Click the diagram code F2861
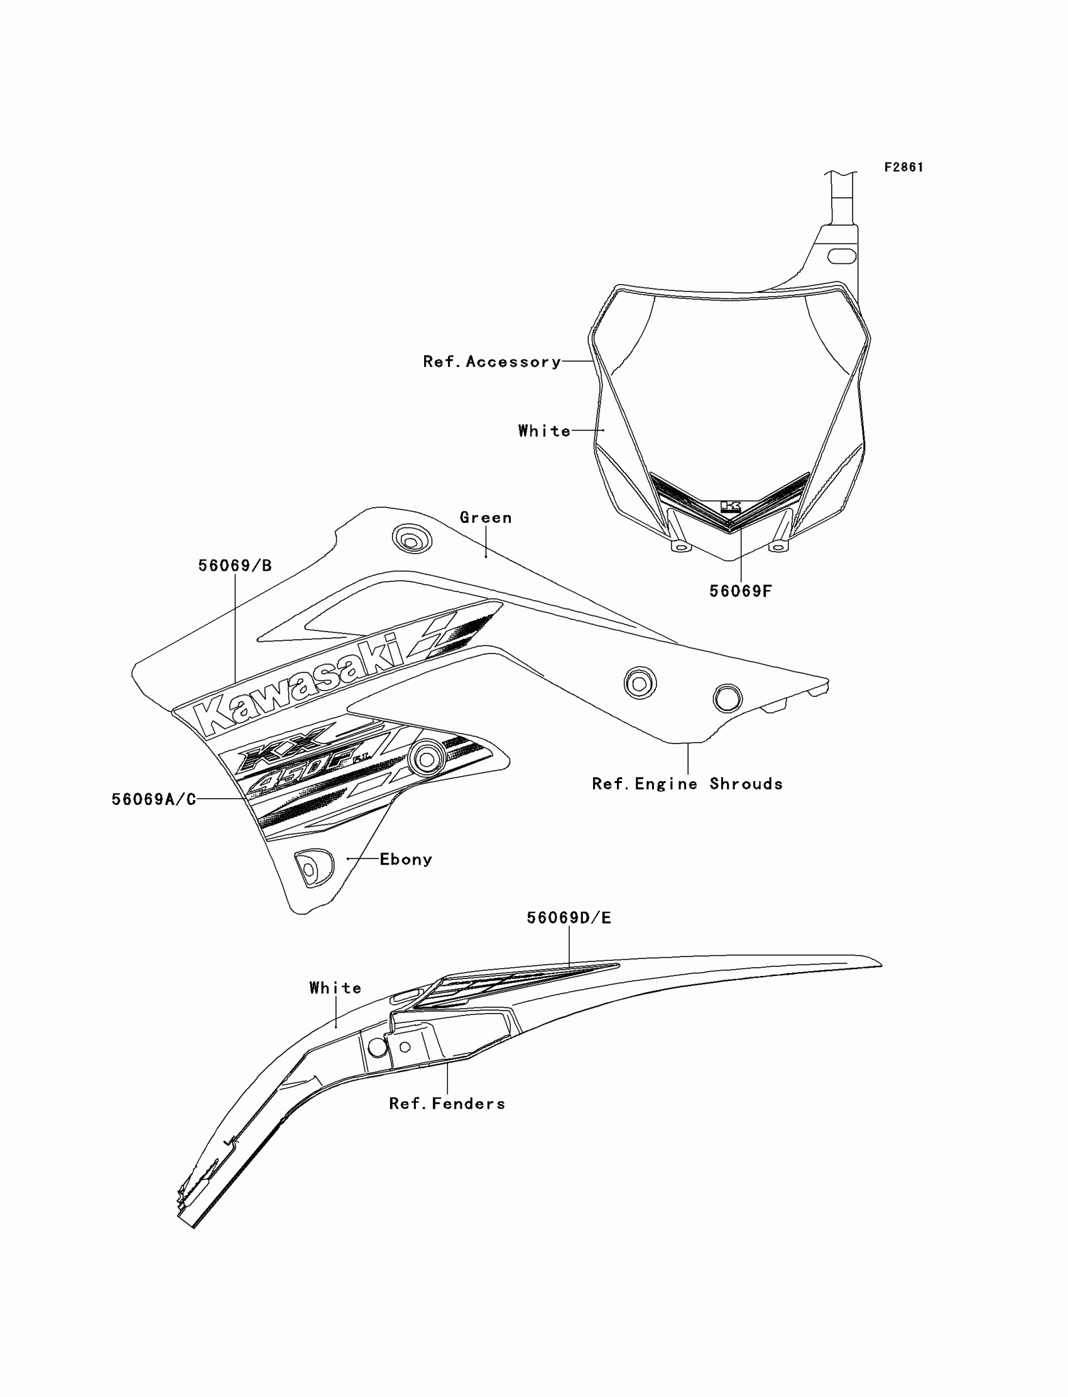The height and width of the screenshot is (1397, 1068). (x=903, y=167)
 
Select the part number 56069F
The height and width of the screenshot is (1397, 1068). (x=740, y=591)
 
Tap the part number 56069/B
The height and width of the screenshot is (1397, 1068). (x=234, y=566)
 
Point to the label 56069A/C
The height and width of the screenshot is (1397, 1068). (x=154, y=799)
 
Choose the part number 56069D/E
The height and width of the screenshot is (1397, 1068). (x=569, y=918)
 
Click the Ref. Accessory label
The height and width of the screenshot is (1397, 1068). (x=492, y=362)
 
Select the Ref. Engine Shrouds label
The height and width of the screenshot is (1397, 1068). (x=687, y=784)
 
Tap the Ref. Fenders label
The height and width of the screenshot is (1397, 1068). (x=447, y=1104)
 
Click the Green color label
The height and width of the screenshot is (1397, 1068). (x=486, y=518)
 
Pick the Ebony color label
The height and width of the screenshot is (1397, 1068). (x=406, y=859)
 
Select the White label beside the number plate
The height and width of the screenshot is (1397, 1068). (x=544, y=431)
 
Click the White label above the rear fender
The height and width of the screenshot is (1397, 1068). (x=335, y=987)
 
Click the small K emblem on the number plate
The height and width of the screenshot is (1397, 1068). (x=731, y=507)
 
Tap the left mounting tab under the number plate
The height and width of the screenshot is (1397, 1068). (x=681, y=545)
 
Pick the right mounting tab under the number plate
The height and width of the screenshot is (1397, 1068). (x=778, y=545)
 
